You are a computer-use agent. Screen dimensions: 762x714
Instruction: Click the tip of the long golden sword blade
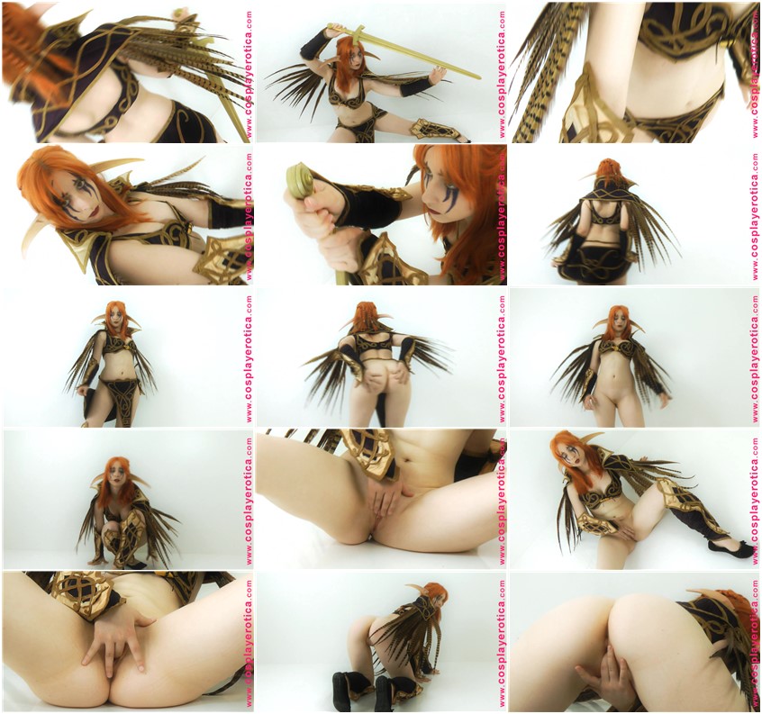[480, 78]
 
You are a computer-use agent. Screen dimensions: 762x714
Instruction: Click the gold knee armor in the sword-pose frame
[424, 130]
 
